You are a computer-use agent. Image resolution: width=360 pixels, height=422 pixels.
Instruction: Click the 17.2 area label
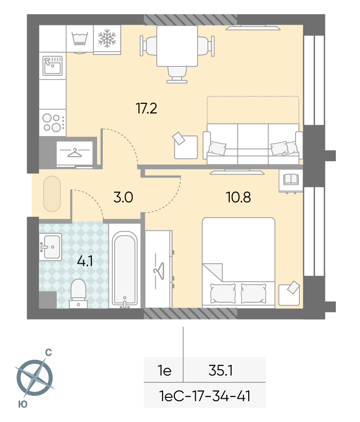tap(146, 109)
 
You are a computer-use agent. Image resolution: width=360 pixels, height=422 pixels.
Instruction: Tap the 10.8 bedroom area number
tap(238, 197)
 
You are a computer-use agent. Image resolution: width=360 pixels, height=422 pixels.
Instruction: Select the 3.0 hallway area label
tap(123, 197)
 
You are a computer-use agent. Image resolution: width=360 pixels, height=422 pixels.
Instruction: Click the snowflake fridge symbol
tap(107, 38)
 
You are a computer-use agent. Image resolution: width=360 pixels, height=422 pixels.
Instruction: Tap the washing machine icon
tap(80, 38)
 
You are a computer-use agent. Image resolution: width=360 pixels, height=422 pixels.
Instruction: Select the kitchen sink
tap(53, 65)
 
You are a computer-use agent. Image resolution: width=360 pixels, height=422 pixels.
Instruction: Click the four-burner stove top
tap(53, 122)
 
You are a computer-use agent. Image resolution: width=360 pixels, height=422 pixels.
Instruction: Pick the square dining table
tap(177, 46)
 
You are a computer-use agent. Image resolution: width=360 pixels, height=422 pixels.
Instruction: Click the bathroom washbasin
tap(51, 247)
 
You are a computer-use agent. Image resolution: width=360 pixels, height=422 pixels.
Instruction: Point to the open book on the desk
tap(291, 179)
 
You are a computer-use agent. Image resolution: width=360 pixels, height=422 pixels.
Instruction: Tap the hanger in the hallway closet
tap(75, 153)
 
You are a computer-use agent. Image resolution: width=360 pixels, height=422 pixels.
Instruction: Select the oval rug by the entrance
tap(52, 194)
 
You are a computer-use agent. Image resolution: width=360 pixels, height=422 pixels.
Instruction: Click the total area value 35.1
tap(220, 370)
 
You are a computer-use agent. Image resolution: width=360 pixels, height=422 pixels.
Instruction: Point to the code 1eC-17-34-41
tap(205, 396)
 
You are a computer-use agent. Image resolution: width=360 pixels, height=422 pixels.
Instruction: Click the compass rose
tap(35, 377)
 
